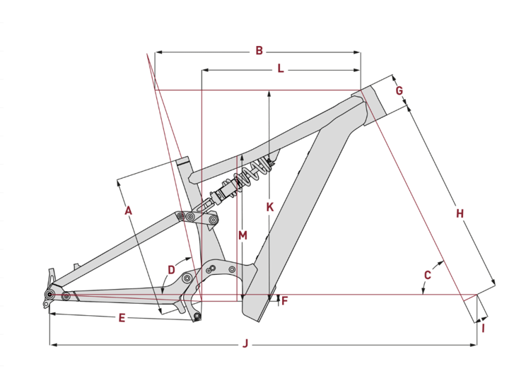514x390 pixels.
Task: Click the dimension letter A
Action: click(128, 211)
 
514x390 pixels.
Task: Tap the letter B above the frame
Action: click(259, 51)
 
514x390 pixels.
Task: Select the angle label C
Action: click(428, 275)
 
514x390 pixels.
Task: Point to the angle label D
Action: click(171, 270)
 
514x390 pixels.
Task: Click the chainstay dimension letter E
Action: click(122, 318)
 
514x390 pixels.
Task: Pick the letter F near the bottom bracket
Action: click(284, 301)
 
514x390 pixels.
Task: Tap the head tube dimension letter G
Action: click(399, 90)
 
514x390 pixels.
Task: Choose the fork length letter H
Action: click(460, 213)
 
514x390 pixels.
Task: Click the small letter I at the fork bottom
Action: click(483, 329)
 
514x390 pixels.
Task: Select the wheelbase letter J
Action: click(245, 344)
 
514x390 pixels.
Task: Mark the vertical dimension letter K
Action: click(270, 207)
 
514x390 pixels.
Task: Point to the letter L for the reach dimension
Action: click(281, 69)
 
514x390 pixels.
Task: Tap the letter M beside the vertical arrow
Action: click(243, 235)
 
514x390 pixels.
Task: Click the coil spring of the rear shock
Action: click(252, 174)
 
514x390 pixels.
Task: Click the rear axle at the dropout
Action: click(49, 295)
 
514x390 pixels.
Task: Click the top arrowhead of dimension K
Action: click(269, 94)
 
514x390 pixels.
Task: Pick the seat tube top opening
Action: click(183, 161)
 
